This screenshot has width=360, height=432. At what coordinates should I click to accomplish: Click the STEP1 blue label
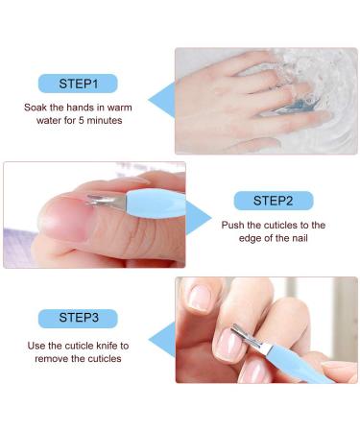click(78, 84)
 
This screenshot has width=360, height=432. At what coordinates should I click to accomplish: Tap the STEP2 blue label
click(273, 201)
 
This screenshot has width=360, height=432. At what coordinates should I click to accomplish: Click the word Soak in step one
click(36, 108)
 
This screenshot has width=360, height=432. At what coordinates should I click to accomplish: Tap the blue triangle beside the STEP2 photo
click(197, 217)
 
